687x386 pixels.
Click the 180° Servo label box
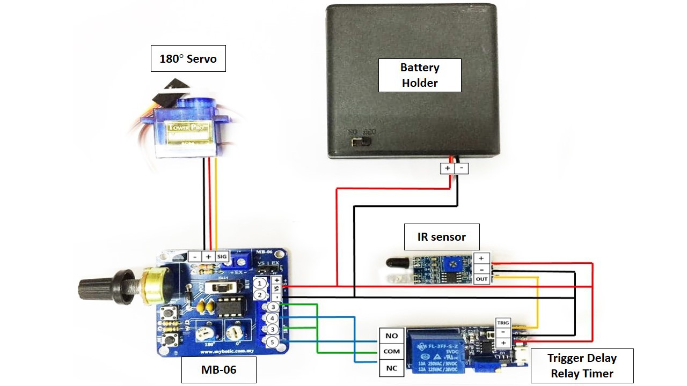tap(188, 58)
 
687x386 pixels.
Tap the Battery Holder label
tap(420, 75)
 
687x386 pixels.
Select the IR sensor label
tap(441, 236)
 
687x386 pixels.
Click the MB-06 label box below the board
tap(218, 369)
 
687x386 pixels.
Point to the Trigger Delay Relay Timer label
tap(582, 366)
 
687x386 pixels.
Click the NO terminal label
tap(391, 336)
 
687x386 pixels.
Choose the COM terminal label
tap(391, 352)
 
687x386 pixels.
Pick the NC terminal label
tap(391, 368)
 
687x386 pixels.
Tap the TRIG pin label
tap(503, 323)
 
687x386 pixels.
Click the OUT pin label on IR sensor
tap(482, 279)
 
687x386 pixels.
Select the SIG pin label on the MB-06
tap(223, 257)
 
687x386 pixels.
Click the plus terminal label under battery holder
tap(447, 168)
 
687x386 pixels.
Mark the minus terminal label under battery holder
tap(462, 168)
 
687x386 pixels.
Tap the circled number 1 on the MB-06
tap(260, 283)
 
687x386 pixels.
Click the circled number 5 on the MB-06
tap(273, 342)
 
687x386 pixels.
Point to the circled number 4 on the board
tap(273, 318)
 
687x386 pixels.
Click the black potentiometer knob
tap(94, 287)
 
